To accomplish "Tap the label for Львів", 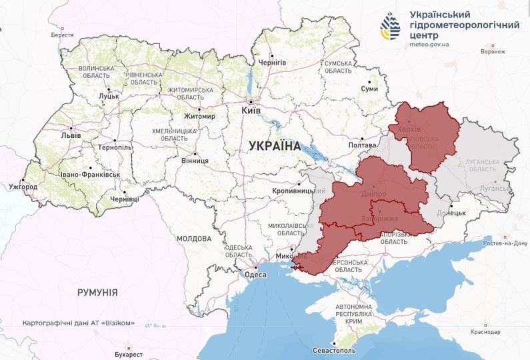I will click(71, 135).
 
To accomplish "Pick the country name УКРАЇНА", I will click(275, 145).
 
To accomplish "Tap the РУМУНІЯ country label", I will click(97, 292).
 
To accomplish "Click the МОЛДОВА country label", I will click(194, 238).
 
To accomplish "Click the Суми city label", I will click(369, 89).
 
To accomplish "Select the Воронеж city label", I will click(492, 51).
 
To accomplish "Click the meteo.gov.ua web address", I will click(429, 45).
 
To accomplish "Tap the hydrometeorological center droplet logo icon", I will click(390, 26).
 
